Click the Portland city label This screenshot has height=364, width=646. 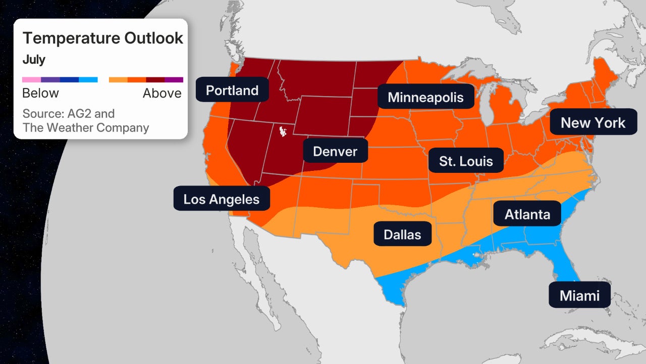point(232,90)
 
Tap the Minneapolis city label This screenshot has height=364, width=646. point(425,97)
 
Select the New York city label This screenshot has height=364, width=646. point(593,122)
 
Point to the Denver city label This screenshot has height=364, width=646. point(335,151)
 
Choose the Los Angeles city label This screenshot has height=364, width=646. point(221,199)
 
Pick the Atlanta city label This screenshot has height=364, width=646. point(527,214)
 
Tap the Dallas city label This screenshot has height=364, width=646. point(402,234)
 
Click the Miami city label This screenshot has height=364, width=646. point(579,295)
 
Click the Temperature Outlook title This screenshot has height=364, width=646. point(103,38)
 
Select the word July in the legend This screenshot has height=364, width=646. point(34,60)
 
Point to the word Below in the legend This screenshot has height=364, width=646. point(40,93)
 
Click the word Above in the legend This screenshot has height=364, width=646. point(162,93)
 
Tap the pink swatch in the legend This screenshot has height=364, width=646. point(31,79)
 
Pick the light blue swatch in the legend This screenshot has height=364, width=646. point(88,79)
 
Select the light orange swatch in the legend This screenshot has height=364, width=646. point(118,79)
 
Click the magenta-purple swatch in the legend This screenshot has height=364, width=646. point(174,79)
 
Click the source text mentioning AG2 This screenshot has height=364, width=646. point(69,113)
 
